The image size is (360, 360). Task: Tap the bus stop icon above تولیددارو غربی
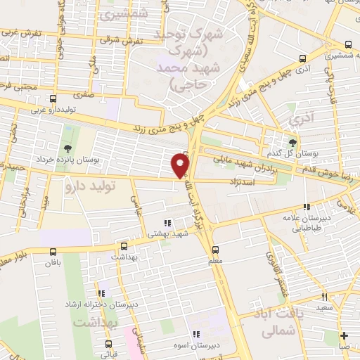(53, 99)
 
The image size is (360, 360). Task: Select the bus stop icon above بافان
(53, 251)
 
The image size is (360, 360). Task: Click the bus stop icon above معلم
(216, 249)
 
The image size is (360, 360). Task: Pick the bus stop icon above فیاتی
(108, 344)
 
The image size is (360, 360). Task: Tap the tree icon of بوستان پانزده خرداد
(67, 148)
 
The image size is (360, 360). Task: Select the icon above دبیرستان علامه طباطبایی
(307, 207)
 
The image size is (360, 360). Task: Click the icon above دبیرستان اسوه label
(198, 334)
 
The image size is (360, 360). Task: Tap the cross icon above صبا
(344, 335)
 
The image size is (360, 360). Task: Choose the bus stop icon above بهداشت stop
(124, 246)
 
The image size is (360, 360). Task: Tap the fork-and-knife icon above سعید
(324, 297)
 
